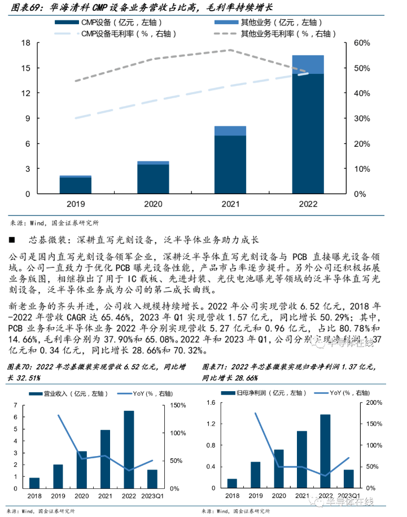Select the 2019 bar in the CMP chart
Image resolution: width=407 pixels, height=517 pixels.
click(x=76, y=185)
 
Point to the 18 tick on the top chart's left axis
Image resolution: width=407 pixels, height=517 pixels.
click(x=25, y=43)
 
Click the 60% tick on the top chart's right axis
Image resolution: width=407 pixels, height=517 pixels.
click(x=361, y=43)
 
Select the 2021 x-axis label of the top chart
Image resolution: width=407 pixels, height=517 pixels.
click(x=230, y=204)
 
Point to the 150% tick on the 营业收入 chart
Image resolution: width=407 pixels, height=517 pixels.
click(x=178, y=406)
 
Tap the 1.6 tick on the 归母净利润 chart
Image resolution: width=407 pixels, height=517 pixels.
click(x=212, y=402)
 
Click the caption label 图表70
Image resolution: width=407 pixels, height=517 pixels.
click(x=19, y=367)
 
